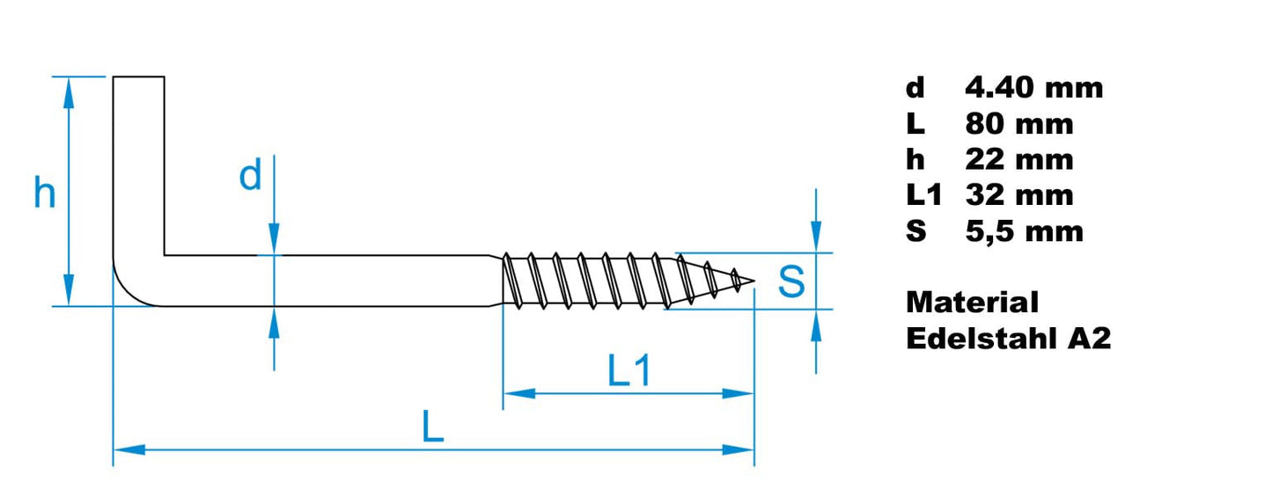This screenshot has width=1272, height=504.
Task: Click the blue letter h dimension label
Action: point(44,193)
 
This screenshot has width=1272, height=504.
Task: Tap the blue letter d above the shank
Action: point(251,177)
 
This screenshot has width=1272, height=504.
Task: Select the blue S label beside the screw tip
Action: point(791,281)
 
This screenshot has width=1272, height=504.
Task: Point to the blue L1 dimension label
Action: point(629,373)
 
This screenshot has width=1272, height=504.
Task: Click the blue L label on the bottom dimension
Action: point(431,428)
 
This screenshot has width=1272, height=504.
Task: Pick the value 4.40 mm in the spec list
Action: point(1033,87)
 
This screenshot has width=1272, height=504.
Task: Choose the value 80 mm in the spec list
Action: point(1018,124)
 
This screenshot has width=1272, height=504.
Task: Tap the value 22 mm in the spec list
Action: point(1018,160)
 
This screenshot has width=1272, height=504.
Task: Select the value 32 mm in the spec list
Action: point(1018,194)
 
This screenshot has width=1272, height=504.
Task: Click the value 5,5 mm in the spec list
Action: point(1024,231)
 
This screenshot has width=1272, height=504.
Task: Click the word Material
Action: point(972,303)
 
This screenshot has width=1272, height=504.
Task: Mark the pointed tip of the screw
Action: point(753,282)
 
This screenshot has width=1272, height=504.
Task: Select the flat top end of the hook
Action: point(138,77)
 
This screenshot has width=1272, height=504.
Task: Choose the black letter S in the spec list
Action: point(915,231)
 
